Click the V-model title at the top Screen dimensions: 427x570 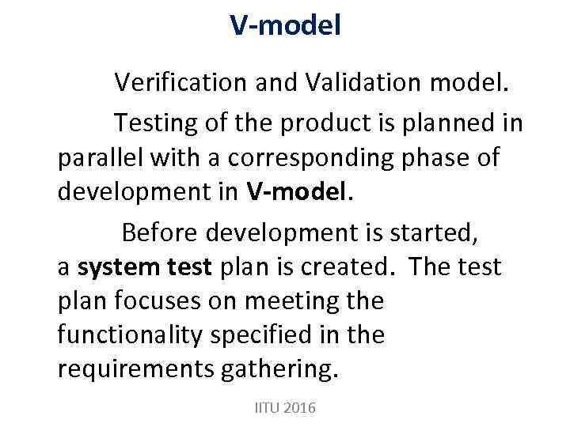point(285,25)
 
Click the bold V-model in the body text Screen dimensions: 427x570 point(298,191)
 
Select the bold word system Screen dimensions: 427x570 point(117,266)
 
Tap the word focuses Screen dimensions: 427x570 point(162,300)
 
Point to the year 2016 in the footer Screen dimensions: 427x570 point(298,408)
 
